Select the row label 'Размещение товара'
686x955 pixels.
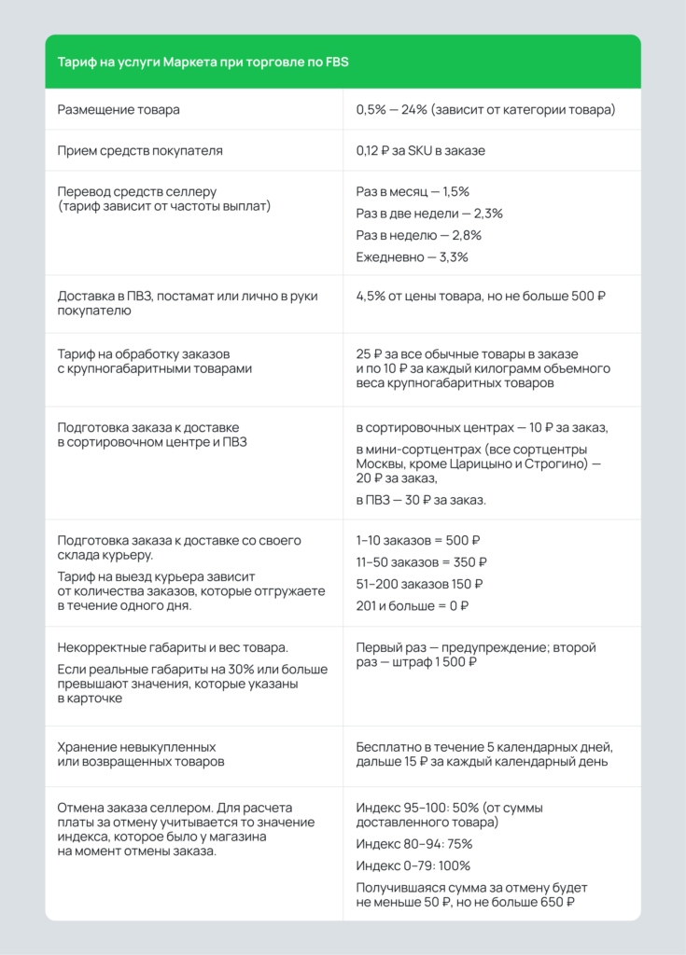(x=119, y=110)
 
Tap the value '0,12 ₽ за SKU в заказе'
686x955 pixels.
(x=420, y=150)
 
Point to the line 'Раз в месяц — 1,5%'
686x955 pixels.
(x=413, y=191)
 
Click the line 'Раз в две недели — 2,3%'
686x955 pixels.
(x=429, y=214)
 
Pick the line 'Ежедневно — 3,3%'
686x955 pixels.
(x=412, y=257)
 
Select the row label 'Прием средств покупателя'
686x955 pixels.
(x=140, y=150)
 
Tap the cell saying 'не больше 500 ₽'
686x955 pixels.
(x=482, y=297)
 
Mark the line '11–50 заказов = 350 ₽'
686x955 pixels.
(x=422, y=562)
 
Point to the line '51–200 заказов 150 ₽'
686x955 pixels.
(x=419, y=585)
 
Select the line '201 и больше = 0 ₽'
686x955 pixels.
(x=412, y=606)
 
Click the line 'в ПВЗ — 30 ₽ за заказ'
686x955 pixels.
(x=421, y=501)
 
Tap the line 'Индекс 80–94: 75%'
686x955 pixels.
(x=413, y=844)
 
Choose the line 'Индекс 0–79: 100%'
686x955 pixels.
(x=413, y=865)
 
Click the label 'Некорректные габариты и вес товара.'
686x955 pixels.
(x=173, y=648)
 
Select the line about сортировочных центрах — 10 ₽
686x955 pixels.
(x=482, y=428)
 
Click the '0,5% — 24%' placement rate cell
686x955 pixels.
(x=485, y=110)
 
